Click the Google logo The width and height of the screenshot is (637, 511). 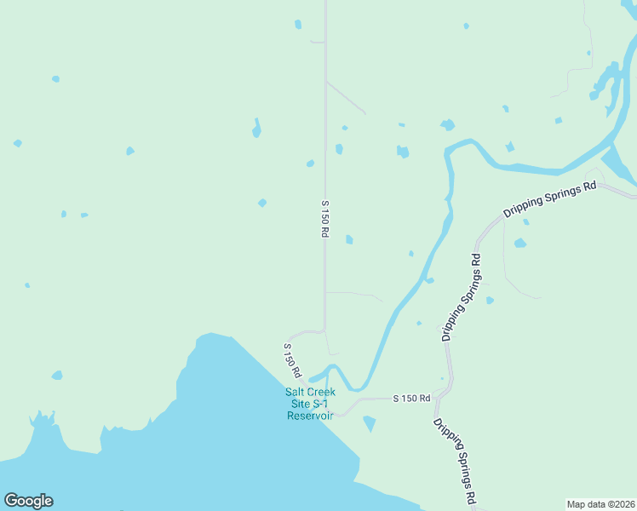tap(28, 501)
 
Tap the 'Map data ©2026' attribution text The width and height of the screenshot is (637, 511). tap(601, 503)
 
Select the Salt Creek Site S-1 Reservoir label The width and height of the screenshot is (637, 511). tap(310, 404)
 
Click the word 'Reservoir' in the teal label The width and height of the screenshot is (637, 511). tap(310, 416)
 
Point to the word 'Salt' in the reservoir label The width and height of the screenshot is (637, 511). tap(296, 392)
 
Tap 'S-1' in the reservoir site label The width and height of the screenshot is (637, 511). tap(323, 404)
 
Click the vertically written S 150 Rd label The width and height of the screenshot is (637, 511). tap(324, 219)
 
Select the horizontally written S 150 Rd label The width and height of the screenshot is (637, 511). tap(411, 398)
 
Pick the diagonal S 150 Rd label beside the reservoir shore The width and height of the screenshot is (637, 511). tap(291, 360)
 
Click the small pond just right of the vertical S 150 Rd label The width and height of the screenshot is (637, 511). tap(349, 240)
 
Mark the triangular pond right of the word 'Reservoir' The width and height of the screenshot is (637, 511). tap(369, 423)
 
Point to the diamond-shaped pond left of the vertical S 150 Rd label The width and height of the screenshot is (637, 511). tap(262, 203)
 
